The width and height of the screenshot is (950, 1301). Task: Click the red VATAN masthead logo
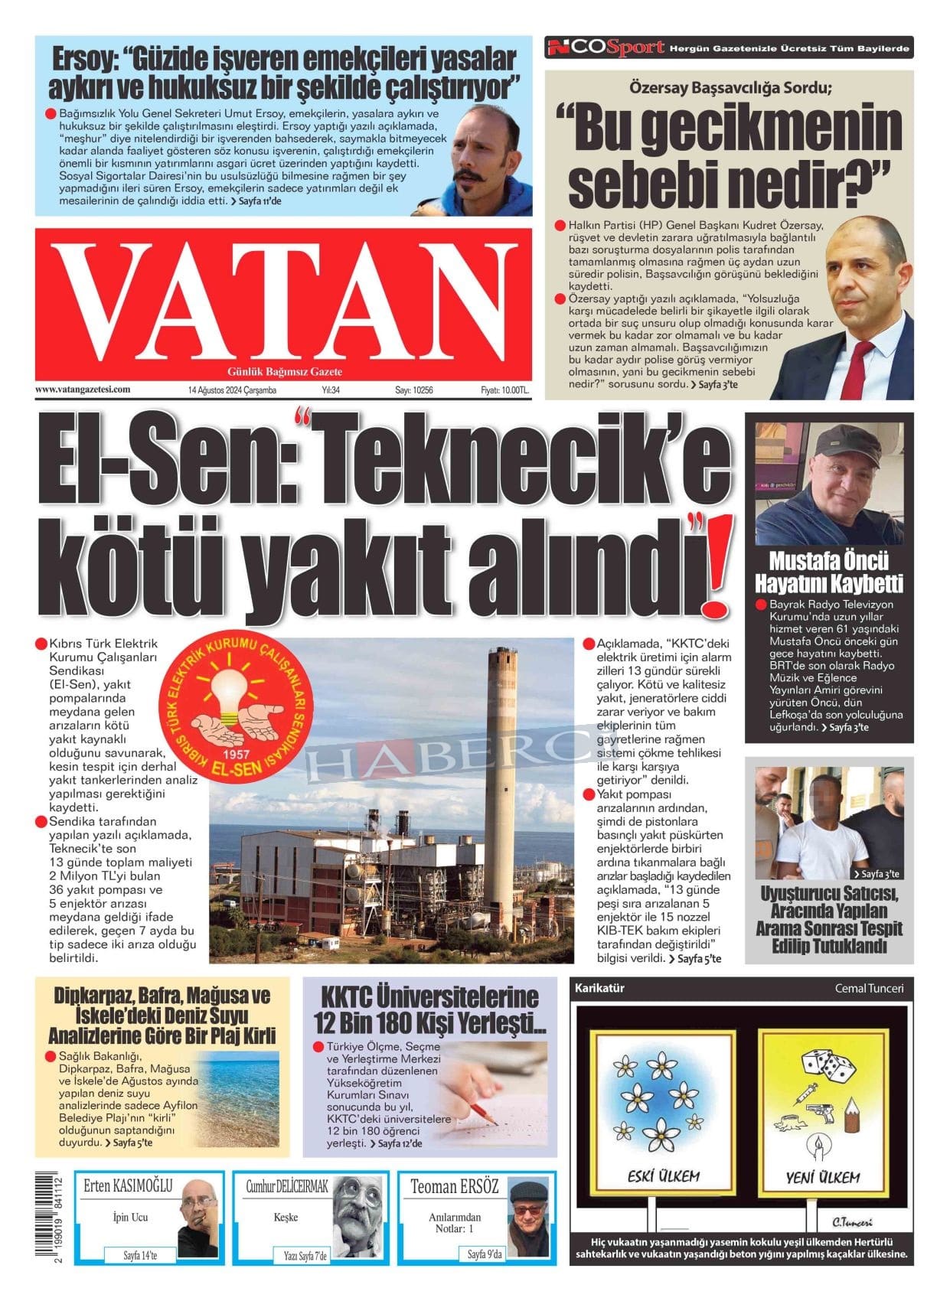pos(283,305)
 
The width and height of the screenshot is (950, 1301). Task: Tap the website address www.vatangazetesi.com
pos(83,390)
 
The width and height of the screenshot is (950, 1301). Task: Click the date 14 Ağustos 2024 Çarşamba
pos(232,390)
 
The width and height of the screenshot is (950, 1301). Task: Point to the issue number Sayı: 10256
pos(414,390)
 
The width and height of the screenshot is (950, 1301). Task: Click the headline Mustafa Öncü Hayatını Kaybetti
pos(829,572)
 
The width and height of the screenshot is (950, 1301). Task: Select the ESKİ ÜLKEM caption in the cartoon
pos(663,1176)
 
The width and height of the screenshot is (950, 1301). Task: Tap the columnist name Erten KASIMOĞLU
pos(128,1186)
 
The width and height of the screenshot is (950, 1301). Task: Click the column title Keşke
pos(286,1217)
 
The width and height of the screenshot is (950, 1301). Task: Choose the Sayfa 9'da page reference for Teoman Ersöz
pos(485,1254)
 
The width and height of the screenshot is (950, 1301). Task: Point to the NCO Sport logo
pos(605,47)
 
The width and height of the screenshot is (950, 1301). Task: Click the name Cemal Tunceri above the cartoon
pos(869,988)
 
